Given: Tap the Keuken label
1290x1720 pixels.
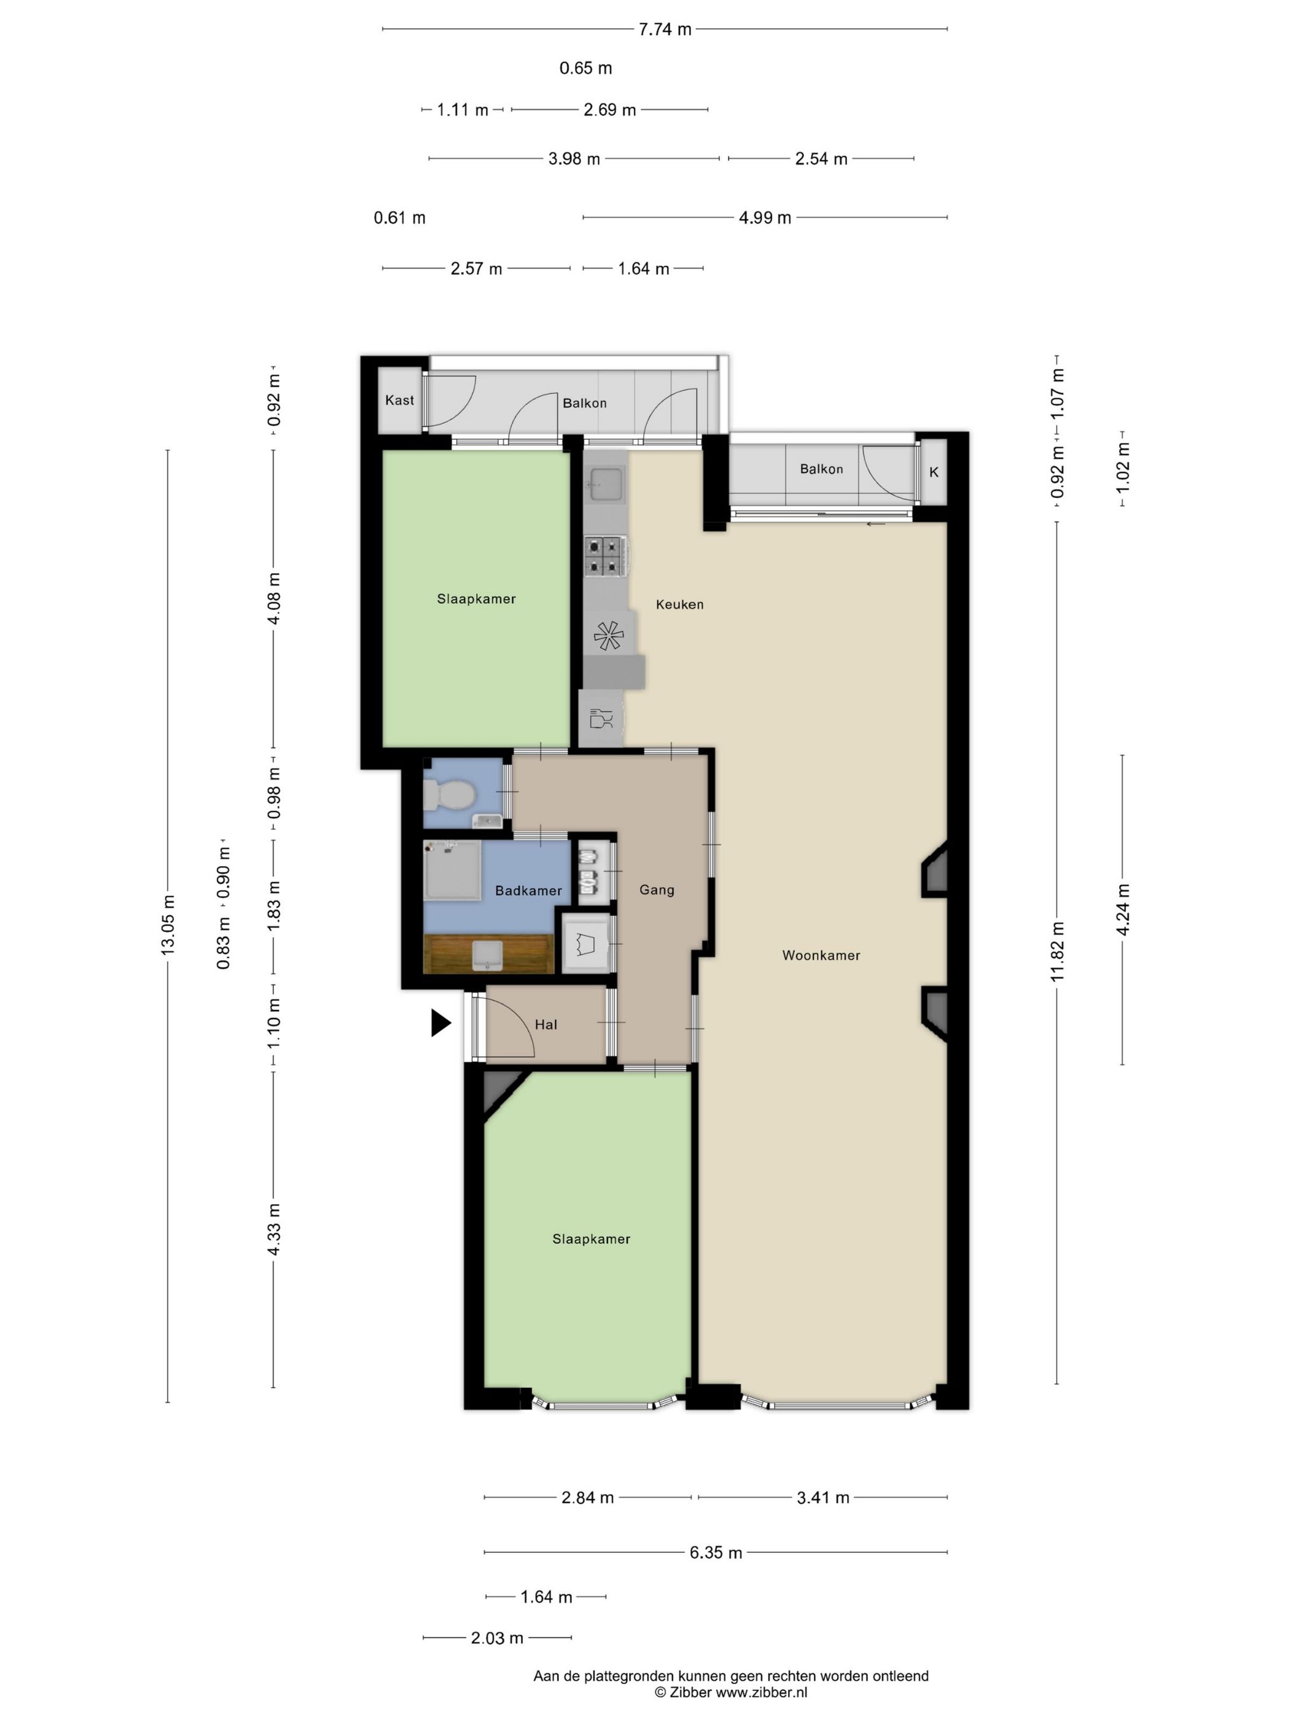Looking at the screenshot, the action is coord(679,604).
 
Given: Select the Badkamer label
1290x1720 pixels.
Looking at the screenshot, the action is coord(528,890).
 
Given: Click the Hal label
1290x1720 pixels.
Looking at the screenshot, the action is coord(546,1024).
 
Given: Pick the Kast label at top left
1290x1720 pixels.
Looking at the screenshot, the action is coord(400,400).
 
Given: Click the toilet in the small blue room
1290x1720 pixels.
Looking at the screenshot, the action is coord(448,795).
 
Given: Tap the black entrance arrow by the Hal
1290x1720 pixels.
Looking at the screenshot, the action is coord(441,1023).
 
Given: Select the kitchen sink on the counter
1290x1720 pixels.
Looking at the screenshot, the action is coord(606,483).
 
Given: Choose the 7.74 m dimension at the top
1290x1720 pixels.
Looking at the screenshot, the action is coord(665,29).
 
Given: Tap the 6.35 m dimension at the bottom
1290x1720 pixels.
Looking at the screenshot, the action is coord(716,1552).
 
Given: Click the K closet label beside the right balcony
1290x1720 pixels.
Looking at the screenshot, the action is coord(934,472).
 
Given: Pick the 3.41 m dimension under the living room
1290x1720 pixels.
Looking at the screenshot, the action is coord(823,1497).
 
